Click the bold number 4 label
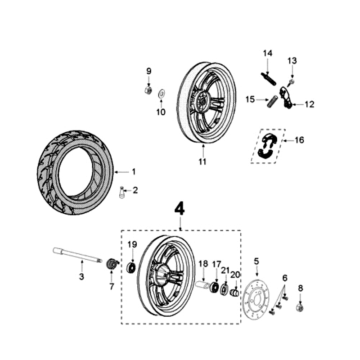point(180,208)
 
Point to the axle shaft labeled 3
point(76,255)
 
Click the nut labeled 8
point(300,308)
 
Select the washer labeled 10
point(161,94)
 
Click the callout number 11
point(202,162)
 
